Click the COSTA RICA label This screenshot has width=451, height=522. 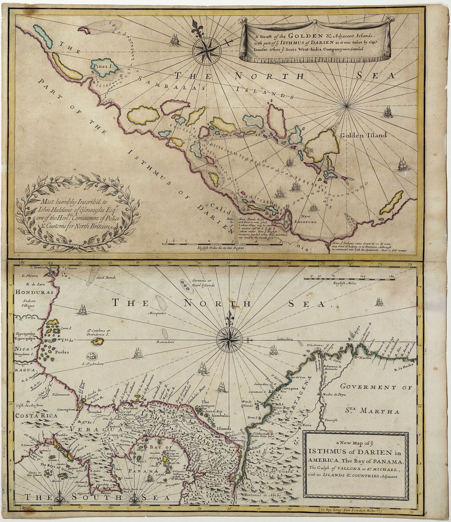[x=33, y=415]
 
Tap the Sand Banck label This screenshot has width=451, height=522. [x=104, y=277]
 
